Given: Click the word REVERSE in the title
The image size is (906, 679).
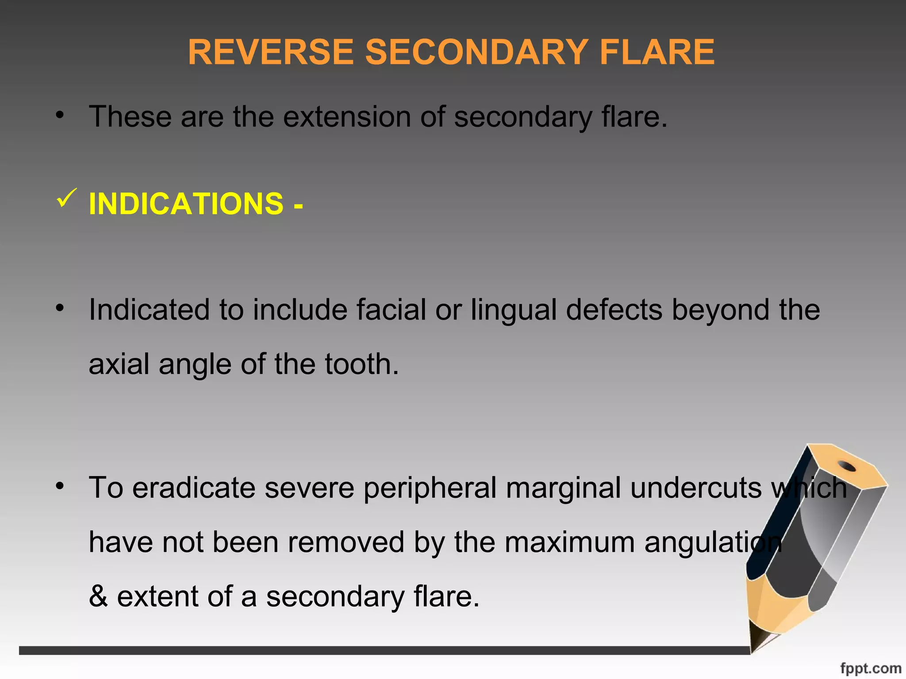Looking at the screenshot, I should point(271,52).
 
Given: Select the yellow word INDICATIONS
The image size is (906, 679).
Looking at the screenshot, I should point(186,204).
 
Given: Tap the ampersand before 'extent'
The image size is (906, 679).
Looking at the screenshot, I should point(98,596).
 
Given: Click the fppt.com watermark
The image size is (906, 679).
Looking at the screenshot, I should point(870,668).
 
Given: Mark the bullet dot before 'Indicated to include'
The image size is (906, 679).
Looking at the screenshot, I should point(60,308).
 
